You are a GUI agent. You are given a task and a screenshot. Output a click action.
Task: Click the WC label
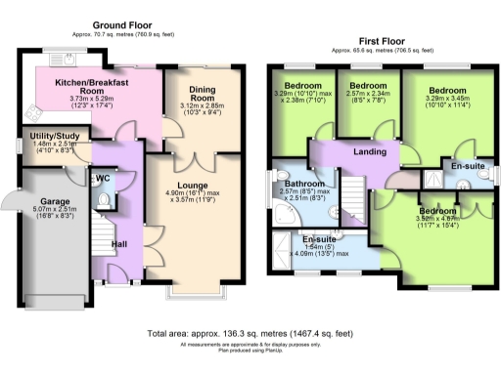click(103, 179)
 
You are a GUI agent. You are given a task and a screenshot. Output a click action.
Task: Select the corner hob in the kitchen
click(30, 108)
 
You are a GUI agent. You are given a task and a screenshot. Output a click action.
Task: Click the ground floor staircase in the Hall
click(101, 247)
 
